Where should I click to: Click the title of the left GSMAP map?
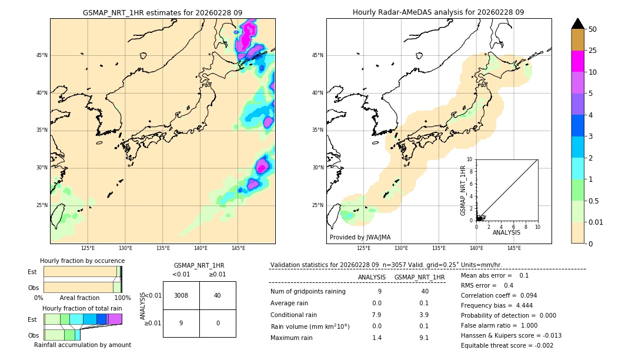tap(162, 12)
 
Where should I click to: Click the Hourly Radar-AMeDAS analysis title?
tap(438, 12)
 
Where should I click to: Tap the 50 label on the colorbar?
tap(593, 29)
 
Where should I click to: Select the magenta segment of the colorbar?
tap(577, 61)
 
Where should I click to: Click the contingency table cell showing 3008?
tap(181, 295)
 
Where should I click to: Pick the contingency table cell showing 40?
tap(218, 295)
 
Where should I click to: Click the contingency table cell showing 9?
tap(181, 323)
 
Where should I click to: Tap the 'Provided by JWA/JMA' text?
tap(360, 237)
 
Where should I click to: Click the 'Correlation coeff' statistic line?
tap(499, 295)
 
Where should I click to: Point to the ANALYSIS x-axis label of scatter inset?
tap(506, 232)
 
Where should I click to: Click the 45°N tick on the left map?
tap(42, 55)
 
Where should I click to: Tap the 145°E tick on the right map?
tap(514, 248)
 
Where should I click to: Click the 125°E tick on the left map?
tap(88, 248)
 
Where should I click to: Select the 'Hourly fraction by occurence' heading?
tap(82, 261)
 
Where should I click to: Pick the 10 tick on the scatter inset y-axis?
tap(470, 159)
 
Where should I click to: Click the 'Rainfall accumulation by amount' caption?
tap(82, 345)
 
